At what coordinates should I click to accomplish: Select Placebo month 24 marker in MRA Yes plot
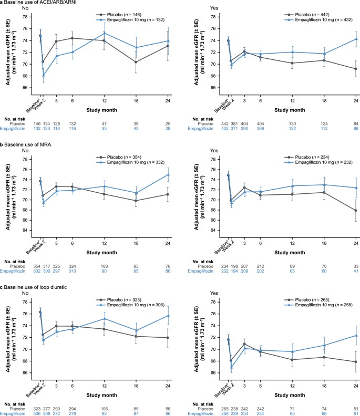355,211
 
